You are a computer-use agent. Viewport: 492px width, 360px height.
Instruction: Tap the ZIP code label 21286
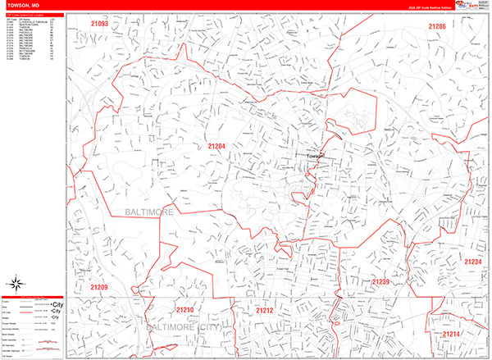click(x=437, y=27)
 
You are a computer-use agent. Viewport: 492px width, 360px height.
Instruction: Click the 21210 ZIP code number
click(x=185, y=310)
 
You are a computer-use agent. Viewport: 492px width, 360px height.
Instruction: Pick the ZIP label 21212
click(x=264, y=311)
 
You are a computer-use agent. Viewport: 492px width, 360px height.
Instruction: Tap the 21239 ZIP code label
click(x=380, y=282)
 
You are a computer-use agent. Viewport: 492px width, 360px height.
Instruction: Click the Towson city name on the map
click(x=316, y=156)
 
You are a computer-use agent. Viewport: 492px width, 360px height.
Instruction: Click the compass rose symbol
click(x=16, y=280)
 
